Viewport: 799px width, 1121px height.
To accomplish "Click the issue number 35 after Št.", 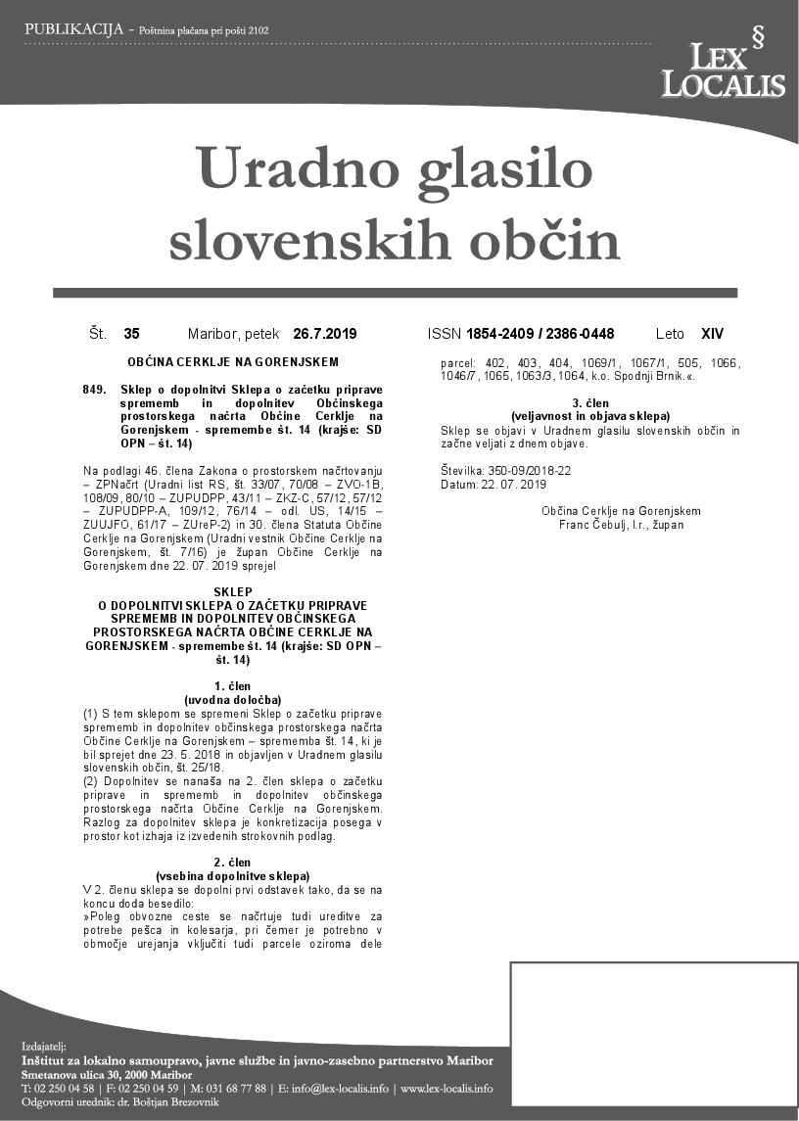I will tap(131, 334).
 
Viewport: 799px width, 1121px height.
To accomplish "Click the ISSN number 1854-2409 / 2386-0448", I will tap(540, 334).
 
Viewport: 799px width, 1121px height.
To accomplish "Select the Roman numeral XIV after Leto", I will tap(712, 334).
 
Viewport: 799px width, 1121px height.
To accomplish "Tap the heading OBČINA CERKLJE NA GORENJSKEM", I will tap(232, 362).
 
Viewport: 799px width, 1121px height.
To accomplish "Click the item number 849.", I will tap(95, 390).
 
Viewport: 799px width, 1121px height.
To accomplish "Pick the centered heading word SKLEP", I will tap(232, 591).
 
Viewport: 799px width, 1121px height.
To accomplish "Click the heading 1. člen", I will tap(232, 686).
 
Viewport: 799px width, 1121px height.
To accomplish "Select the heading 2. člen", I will tap(232, 862).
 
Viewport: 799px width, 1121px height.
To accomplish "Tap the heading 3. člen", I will tap(590, 404).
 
